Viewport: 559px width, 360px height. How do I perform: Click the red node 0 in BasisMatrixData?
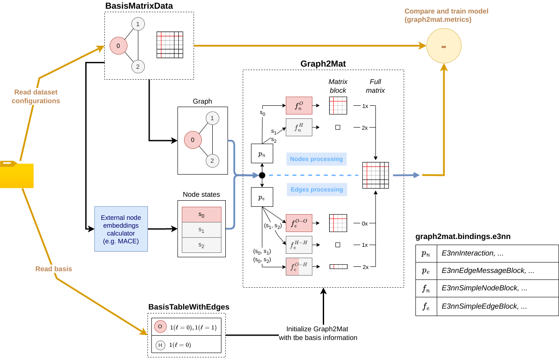[118, 46]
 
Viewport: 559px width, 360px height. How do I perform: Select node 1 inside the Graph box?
[212, 118]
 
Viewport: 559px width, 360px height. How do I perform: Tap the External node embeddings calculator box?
[121, 229]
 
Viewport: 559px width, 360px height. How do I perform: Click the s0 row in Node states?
[201, 215]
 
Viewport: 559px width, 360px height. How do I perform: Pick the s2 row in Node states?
[201, 245]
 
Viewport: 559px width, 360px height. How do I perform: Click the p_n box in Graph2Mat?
[262, 154]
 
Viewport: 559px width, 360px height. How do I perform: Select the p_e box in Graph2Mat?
[262, 197]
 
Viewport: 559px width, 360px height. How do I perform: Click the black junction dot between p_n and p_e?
[262, 175]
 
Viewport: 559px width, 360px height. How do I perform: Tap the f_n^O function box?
[299, 105]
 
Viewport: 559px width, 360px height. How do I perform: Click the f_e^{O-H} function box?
[299, 266]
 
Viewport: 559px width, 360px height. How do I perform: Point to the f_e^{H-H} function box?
[299, 245]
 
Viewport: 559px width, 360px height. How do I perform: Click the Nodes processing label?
[316, 159]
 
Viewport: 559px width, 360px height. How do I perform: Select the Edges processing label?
[316, 189]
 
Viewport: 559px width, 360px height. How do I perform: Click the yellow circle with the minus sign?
[444, 46]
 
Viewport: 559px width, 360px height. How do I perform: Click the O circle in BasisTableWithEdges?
[160, 326]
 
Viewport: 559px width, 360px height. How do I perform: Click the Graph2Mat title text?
[323, 64]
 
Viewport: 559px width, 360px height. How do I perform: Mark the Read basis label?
[54, 269]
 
